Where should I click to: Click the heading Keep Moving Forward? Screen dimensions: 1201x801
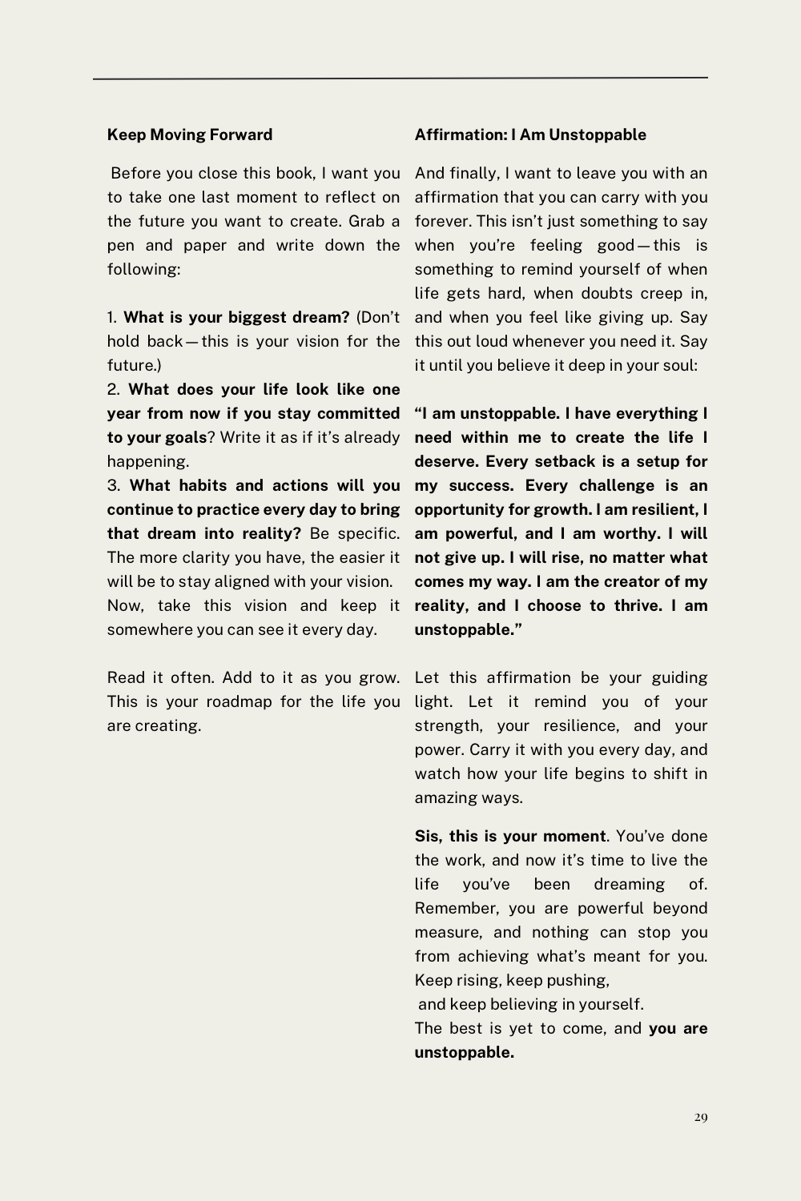(x=190, y=135)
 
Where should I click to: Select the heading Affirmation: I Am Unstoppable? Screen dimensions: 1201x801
(x=530, y=135)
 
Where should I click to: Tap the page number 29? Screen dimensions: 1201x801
(x=701, y=1117)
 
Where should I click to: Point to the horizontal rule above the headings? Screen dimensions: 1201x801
(x=400, y=78)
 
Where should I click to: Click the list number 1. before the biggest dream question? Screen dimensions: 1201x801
(x=112, y=317)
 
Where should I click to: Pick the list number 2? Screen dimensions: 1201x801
(x=114, y=389)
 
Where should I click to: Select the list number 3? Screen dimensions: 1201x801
(x=114, y=485)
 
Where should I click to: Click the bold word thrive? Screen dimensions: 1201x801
(x=636, y=605)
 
